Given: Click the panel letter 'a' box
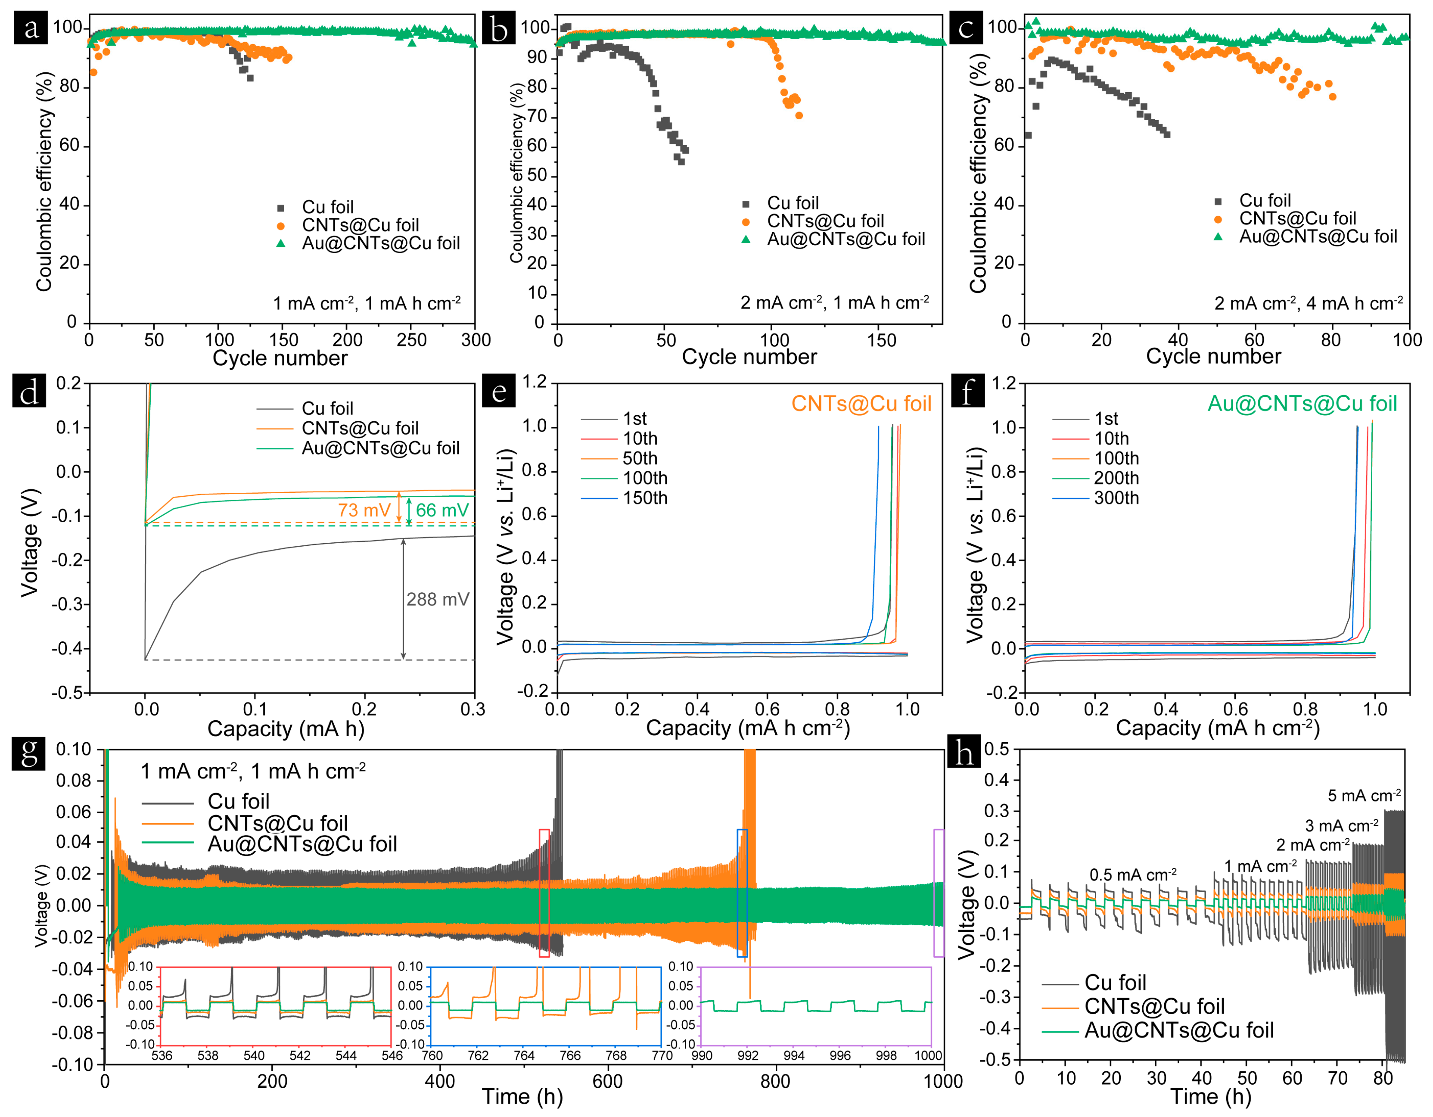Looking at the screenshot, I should (31, 28).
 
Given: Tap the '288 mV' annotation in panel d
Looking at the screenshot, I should (437, 599).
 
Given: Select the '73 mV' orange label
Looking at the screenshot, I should (364, 510).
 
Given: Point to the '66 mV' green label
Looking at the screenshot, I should (442, 510).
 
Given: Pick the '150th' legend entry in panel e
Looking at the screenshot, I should (644, 498).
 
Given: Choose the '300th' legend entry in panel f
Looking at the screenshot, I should (1116, 498).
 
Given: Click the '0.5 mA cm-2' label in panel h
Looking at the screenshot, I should (1132, 875).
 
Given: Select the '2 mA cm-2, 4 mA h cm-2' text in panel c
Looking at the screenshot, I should (1308, 303).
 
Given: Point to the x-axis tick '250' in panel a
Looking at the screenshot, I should (411, 340).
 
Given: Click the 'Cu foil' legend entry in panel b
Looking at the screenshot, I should (793, 203).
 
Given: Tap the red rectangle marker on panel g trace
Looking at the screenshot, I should (544, 893).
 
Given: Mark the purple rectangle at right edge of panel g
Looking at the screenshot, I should (939, 893).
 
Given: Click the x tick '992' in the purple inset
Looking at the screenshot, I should (748, 1055).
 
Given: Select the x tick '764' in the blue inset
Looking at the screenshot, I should (524, 1055).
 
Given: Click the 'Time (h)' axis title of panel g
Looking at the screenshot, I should (522, 1096).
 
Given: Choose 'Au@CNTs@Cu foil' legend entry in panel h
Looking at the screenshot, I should (1178, 1030).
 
